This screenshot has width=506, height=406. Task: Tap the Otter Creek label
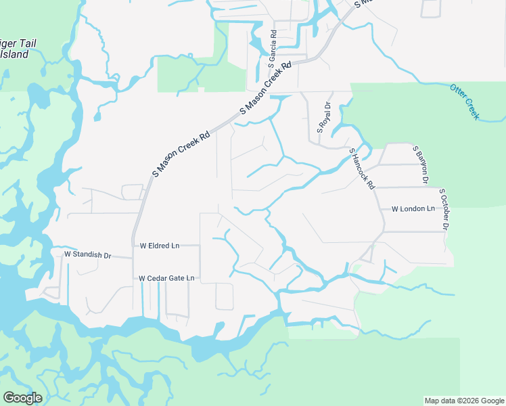coord(465,101)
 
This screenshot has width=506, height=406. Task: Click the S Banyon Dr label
coord(421,164)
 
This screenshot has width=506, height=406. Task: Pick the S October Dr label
coord(444,209)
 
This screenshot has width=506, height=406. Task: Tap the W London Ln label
coord(413,209)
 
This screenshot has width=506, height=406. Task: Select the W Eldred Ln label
coord(160,246)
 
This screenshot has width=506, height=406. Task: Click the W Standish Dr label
coord(87,254)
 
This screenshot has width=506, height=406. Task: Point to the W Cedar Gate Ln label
coord(166,278)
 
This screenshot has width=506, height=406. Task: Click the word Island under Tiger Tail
coord(15,55)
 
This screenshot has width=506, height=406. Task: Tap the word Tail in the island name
coord(26,43)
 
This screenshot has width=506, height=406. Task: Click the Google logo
coord(22,398)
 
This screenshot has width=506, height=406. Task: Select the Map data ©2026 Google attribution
coord(464,401)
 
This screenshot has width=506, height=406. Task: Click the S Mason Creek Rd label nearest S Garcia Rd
coord(266,88)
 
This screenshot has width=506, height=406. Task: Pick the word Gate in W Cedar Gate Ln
coord(176,278)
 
